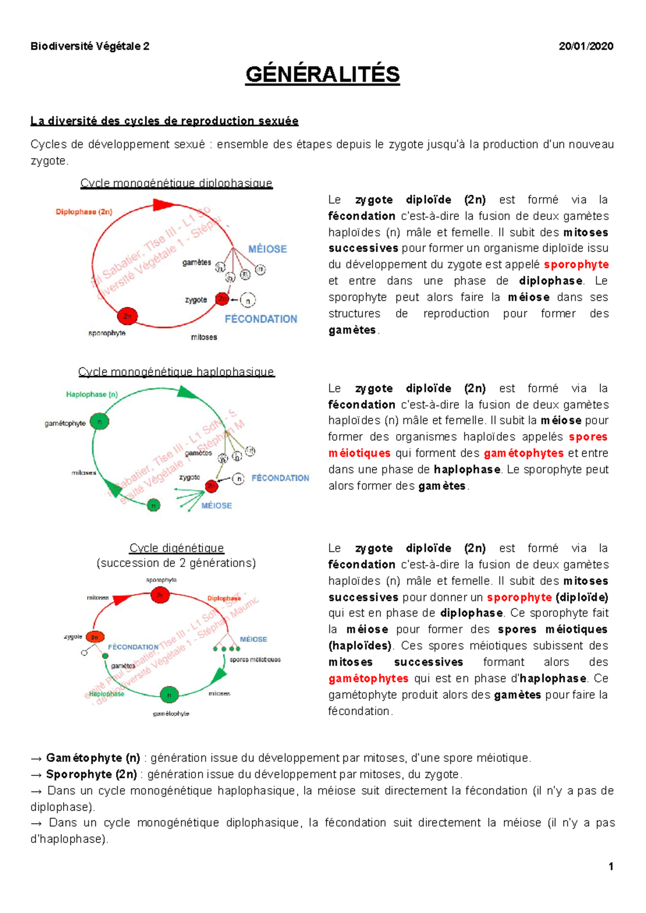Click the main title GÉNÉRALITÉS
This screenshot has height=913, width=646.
(322, 74)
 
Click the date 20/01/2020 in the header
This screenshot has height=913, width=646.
(586, 46)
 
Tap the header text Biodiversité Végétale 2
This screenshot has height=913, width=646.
(90, 46)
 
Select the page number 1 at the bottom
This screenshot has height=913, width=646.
(611, 866)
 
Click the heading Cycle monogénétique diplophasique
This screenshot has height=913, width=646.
(176, 183)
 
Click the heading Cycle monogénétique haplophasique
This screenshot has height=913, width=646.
(176, 372)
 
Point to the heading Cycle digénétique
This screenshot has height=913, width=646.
(177, 548)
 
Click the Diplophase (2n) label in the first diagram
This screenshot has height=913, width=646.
(84, 212)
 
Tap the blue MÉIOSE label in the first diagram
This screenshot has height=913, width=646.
(267, 249)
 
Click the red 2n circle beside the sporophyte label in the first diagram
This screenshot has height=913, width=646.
(128, 316)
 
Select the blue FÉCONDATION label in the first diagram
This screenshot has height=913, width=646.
(261, 319)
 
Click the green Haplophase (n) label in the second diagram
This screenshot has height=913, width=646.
(92, 394)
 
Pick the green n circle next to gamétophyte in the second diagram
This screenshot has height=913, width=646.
(100, 422)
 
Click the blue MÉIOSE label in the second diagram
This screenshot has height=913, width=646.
(216, 506)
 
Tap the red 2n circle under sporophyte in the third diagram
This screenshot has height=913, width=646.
(160, 595)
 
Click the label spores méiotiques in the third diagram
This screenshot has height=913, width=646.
(255, 660)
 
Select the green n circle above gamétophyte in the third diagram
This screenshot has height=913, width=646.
(169, 695)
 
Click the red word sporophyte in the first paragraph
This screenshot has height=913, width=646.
(576, 265)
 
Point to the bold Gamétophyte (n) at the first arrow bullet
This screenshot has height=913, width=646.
(93, 758)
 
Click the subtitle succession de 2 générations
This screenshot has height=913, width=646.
(176, 563)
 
